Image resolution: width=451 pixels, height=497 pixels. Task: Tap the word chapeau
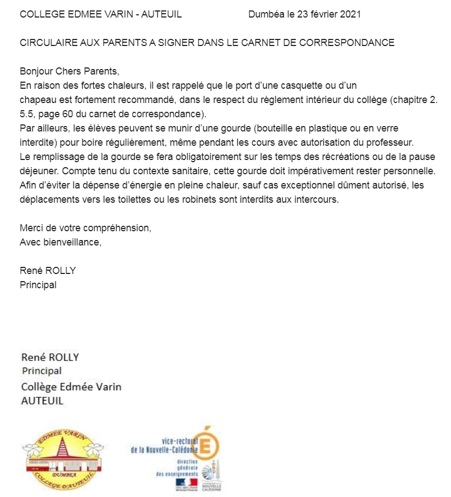[37, 100]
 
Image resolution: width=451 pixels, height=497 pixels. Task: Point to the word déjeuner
[37, 171]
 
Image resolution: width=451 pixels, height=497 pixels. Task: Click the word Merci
[31, 228]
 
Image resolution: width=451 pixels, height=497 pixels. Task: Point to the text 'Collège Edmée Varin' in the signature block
[71, 387]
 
